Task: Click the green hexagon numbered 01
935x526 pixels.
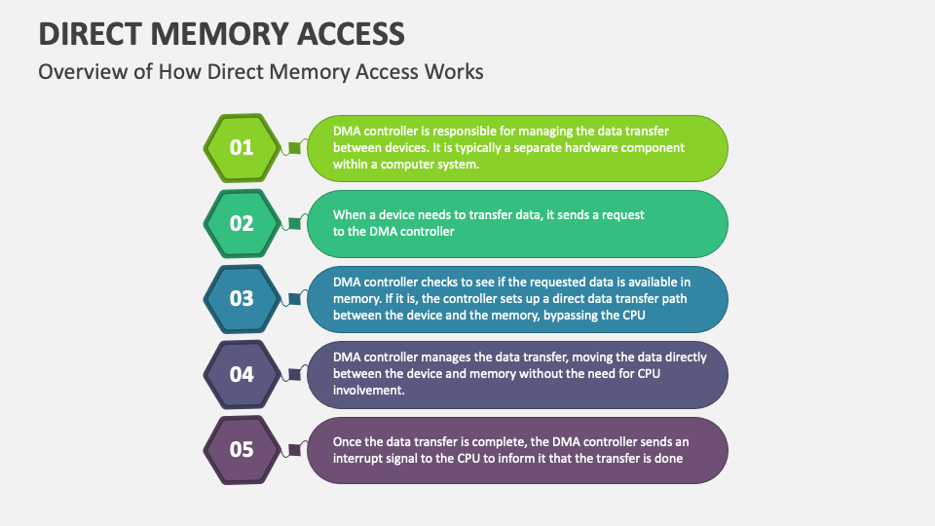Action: point(242,148)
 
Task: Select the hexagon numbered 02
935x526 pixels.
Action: point(242,224)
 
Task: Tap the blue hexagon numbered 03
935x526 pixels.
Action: point(242,299)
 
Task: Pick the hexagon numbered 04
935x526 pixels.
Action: point(242,374)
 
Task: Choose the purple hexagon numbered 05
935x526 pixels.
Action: point(242,450)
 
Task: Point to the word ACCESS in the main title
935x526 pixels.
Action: point(352,34)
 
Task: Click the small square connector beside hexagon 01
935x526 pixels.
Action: point(294,147)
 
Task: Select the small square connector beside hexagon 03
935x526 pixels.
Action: point(294,299)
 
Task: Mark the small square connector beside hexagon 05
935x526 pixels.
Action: point(294,450)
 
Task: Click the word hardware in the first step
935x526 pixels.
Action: point(591,147)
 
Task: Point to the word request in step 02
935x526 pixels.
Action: point(623,214)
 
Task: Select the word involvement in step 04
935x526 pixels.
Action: point(368,390)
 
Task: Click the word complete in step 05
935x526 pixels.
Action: point(501,442)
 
